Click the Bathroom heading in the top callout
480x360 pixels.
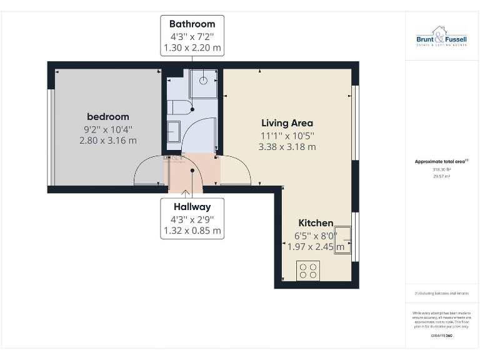[x=192, y=24]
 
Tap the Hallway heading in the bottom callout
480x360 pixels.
[x=192, y=206]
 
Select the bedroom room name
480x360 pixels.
[x=107, y=117]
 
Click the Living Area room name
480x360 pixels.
[x=287, y=123]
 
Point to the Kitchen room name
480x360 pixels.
[x=316, y=223]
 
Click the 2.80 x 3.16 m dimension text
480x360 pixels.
[x=107, y=141]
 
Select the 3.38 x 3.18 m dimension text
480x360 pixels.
[x=287, y=147]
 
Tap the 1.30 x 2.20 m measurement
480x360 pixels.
[x=192, y=47]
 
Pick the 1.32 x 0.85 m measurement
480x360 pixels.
[x=192, y=230]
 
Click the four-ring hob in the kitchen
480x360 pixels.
[x=308, y=271]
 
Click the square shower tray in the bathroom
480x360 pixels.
[x=203, y=81]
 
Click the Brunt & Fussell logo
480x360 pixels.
[x=441, y=36]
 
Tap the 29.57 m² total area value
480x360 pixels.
[x=441, y=176]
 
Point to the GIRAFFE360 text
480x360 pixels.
[x=441, y=336]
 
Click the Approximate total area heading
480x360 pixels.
[x=441, y=161]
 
